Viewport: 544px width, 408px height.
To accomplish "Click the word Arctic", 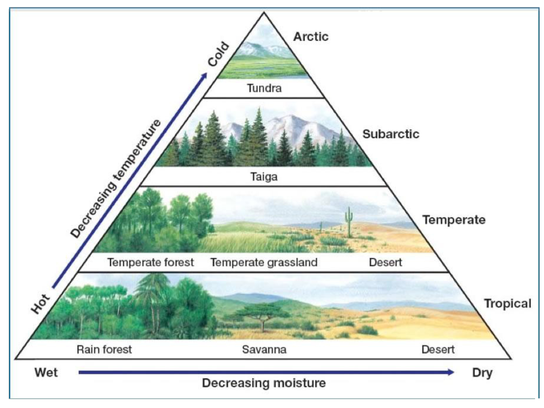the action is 311,37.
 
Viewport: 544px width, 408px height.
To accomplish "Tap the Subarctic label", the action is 391,134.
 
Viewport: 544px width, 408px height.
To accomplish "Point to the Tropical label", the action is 508,304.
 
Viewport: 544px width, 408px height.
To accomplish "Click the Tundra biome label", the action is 264,88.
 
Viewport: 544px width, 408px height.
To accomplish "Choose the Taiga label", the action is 264,177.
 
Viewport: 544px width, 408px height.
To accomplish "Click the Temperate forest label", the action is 151,262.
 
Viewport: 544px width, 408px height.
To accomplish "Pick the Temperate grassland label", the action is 264,263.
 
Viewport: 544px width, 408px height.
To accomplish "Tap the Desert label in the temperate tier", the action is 385,262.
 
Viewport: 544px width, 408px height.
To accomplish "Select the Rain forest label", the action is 104,349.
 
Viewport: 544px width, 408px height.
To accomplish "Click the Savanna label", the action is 264,349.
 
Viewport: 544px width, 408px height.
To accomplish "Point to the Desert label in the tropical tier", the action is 438,349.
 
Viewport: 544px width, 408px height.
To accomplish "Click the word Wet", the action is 46,372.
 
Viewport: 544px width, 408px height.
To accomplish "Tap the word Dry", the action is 482,373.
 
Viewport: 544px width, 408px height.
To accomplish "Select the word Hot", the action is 40,304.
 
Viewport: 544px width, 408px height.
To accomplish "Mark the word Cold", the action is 218,54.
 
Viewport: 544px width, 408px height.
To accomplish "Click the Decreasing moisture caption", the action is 264,383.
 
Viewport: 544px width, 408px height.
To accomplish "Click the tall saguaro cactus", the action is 349,222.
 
